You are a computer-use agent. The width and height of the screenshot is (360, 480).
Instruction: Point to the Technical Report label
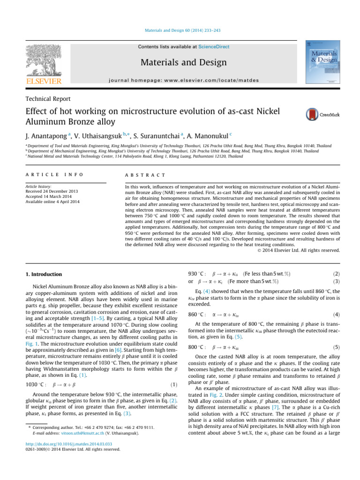[48, 99]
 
